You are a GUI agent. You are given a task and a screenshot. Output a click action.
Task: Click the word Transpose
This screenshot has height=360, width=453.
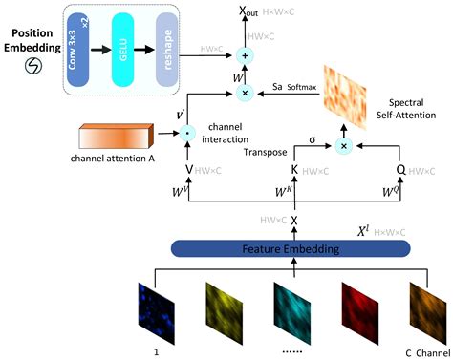click(241, 151)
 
